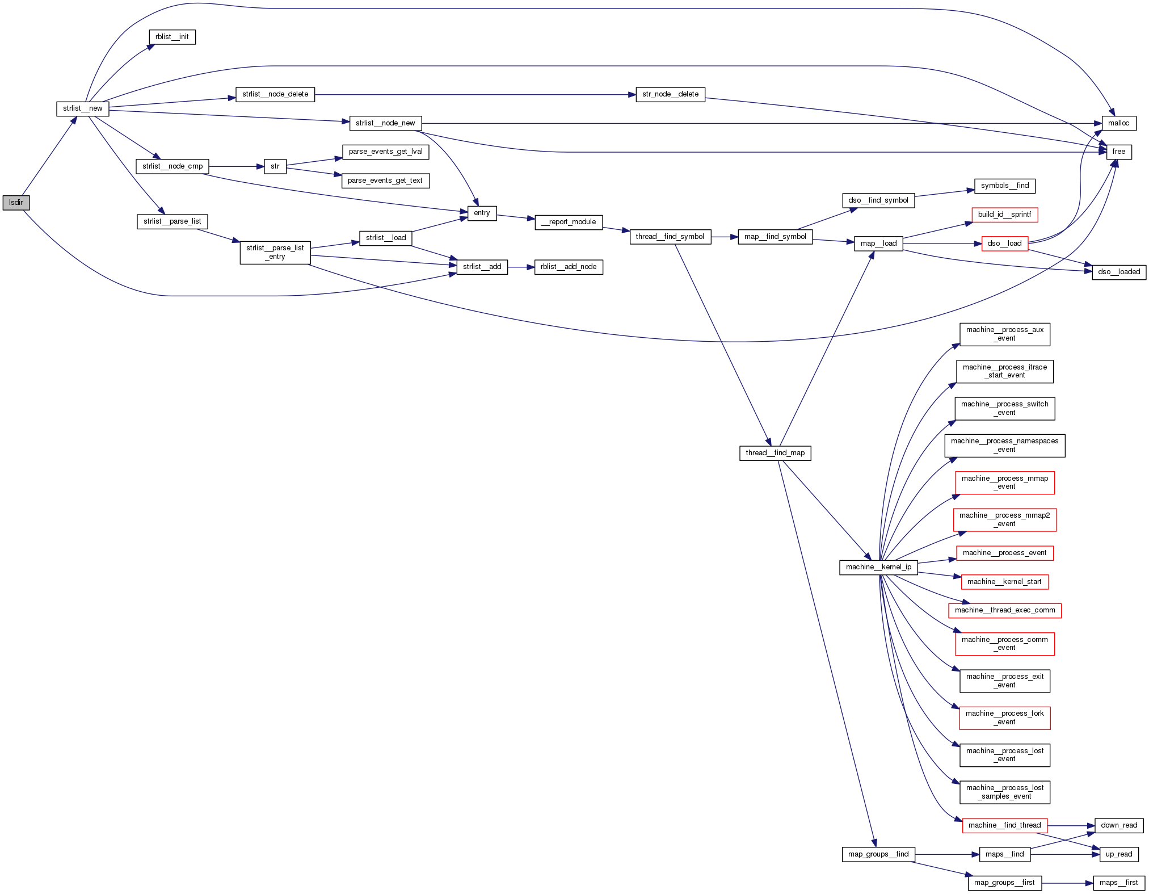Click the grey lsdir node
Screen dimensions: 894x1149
click(x=16, y=203)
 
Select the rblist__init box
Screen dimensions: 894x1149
click(x=172, y=37)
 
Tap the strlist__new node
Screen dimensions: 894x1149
click(x=82, y=108)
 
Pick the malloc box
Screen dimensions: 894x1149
click(x=1118, y=123)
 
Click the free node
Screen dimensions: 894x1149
click(x=1118, y=152)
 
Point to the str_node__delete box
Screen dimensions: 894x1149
click(x=670, y=94)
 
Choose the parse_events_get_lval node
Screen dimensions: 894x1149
click(x=385, y=152)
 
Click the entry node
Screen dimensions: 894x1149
click(x=482, y=213)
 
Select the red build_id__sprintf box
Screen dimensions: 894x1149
click(x=1004, y=215)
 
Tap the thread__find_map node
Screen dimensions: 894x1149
click(x=775, y=453)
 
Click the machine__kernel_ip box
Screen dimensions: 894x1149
click(x=878, y=567)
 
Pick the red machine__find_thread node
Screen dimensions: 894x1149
click(x=1004, y=825)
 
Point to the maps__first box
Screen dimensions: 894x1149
click(x=1118, y=883)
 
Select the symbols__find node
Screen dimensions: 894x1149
click(x=1004, y=186)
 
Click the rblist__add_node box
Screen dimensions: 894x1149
click(x=569, y=267)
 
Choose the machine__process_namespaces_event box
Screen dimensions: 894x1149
click(x=1004, y=445)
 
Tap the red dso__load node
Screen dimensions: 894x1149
click(x=1004, y=244)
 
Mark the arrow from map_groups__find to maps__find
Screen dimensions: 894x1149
click(x=947, y=854)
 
